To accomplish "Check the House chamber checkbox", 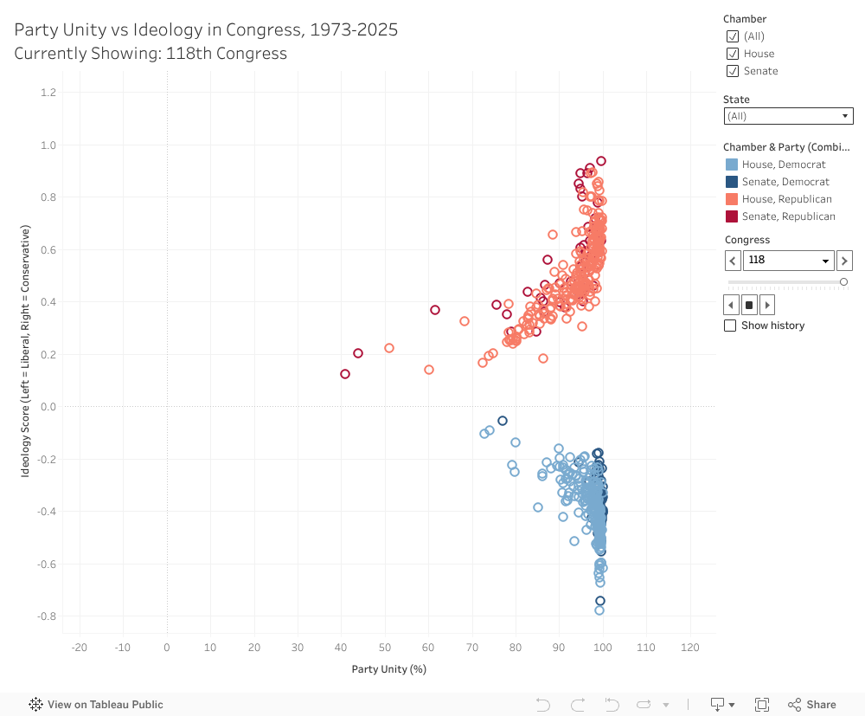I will point(733,54).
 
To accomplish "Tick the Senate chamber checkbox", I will point(733,71).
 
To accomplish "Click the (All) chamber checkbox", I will point(733,36).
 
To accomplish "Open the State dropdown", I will point(788,116).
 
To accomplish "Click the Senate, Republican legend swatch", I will point(732,216).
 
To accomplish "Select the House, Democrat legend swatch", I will point(732,164).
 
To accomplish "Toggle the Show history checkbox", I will point(730,326).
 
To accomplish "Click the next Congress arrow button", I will point(844,260).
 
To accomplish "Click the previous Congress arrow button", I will point(733,260).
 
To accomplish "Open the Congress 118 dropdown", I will point(788,260).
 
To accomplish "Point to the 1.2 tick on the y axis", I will point(48,93).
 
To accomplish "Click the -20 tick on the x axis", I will point(80,648).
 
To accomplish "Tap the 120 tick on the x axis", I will point(690,648).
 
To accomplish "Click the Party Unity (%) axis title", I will point(388,669).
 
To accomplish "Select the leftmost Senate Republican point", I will point(345,374).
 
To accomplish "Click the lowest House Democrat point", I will point(599,610).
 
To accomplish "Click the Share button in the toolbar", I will point(811,705).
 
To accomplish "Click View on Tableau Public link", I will point(96,705).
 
